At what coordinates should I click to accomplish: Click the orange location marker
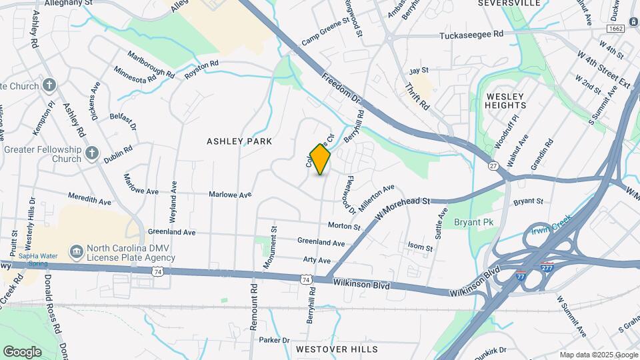321,159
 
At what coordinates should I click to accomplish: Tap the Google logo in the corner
22,351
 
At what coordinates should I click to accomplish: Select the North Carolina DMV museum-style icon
76,251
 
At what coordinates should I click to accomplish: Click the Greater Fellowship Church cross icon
92,155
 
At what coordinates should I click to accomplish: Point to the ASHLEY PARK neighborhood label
239,141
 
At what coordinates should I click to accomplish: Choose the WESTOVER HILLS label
337,349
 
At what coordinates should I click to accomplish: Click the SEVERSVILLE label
509,3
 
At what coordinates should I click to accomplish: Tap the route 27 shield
493,165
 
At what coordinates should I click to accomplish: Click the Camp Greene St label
325,30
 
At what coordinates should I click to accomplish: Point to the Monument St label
269,251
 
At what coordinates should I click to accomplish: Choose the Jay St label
419,70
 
